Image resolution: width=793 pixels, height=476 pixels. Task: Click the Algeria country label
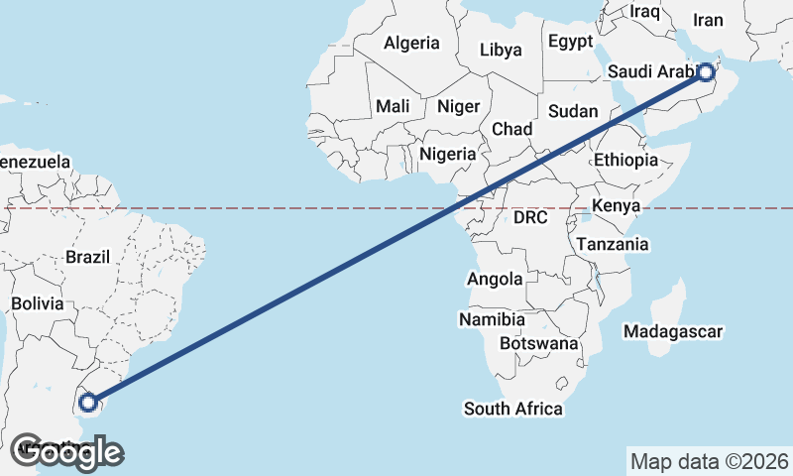point(411,43)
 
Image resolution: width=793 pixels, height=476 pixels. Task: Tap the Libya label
point(500,50)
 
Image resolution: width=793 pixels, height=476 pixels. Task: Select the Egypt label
point(570,42)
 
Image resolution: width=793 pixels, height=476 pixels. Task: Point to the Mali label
point(393,106)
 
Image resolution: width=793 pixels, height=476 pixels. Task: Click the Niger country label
point(458,106)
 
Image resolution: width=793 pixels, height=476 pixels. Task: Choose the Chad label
point(511,129)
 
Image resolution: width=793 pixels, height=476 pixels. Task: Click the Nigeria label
point(448,154)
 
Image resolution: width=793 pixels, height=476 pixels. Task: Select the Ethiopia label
point(625,160)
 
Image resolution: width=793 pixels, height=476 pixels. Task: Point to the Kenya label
point(617,206)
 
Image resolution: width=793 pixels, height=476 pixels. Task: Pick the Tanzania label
point(613,244)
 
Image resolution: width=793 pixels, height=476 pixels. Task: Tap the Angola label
point(495,280)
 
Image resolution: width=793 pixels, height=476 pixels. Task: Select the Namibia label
point(492,319)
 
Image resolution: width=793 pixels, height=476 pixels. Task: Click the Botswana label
point(539,343)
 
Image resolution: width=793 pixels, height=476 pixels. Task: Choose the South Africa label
point(513,409)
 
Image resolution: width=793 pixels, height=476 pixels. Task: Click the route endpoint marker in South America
point(88,402)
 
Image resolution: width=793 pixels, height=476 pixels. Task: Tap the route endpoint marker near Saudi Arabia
point(705,71)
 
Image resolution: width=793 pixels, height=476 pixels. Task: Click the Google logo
point(66,452)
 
